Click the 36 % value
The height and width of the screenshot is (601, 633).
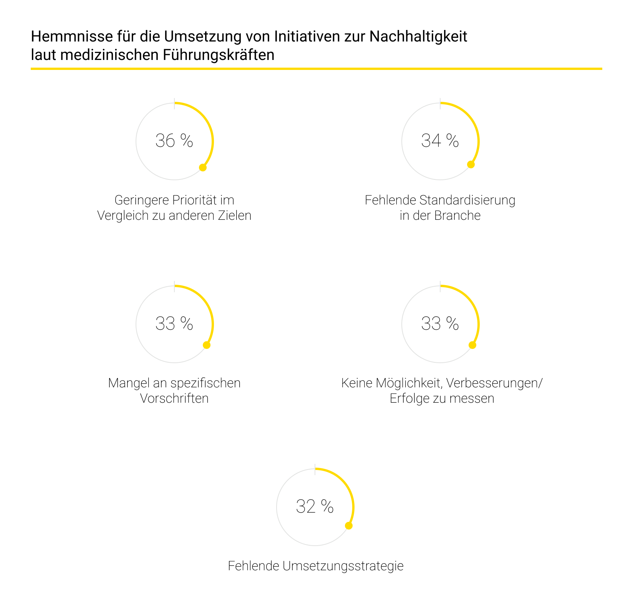tap(174, 141)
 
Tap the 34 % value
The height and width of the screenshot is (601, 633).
tap(440, 141)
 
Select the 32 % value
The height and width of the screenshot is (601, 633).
tap(315, 506)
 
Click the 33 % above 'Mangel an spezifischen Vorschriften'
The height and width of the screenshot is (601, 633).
tap(174, 324)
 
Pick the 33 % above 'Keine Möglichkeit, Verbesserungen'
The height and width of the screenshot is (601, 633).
tap(440, 324)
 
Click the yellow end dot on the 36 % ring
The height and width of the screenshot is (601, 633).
tap(203, 167)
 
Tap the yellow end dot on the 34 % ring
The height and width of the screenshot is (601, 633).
tap(471, 164)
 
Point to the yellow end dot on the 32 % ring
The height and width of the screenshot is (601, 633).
tap(349, 526)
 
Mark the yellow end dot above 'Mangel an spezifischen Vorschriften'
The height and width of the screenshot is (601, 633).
tap(207, 345)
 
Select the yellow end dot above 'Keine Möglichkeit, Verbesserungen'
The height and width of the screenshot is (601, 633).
tap(472, 345)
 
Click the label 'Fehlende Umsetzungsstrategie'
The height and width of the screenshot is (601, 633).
tap(315, 566)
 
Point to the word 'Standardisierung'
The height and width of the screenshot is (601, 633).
tap(467, 200)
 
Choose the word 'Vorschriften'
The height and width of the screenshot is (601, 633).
tap(174, 398)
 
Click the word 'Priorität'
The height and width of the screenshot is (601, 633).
tap(195, 200)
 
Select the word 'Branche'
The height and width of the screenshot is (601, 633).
tap(457, 216)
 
